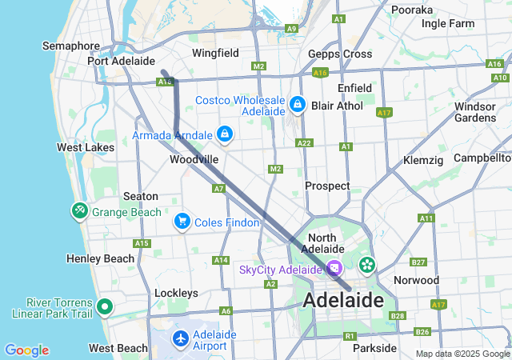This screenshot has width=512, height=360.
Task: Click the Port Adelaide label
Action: (x=121, y=61)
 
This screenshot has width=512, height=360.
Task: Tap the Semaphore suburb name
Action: (x=71, y=46)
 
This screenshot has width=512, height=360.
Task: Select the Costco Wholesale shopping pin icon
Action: (x=298, y=104)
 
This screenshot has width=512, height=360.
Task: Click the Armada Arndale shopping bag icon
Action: (x=225, y=134)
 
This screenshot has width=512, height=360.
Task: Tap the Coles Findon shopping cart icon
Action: (x=182, y=222)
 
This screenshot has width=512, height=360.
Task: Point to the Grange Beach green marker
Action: (x=80, y=211)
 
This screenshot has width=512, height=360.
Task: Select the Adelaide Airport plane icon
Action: (x=181, y=339)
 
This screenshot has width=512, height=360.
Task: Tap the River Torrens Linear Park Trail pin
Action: (x=105, y=306)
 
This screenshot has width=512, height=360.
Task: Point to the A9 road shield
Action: (x=292, y=28)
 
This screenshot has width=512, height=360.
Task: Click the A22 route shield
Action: (x=304, y=142)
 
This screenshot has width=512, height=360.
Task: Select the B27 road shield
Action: (x=418, y=262)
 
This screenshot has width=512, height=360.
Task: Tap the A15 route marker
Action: (x=142, y=243)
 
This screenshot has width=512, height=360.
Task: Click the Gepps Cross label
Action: (x=340, y=54)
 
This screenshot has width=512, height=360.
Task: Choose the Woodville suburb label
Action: (x=194, y=159)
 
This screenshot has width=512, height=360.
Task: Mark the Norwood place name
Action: (x=416, y=280)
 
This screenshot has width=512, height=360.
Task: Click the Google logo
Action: (x=26, y=350)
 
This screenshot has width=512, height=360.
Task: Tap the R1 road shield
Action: (x=349, y=335)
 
